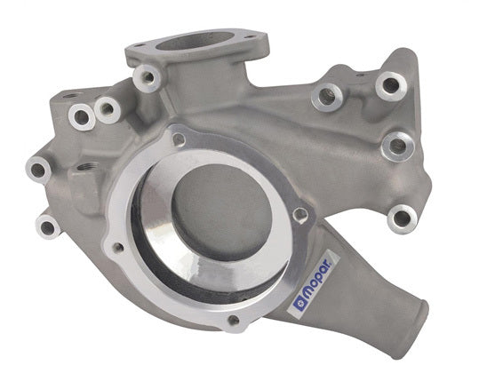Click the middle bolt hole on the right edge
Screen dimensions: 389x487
(x=396, y=144)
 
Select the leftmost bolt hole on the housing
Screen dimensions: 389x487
(x=38, y=165)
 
